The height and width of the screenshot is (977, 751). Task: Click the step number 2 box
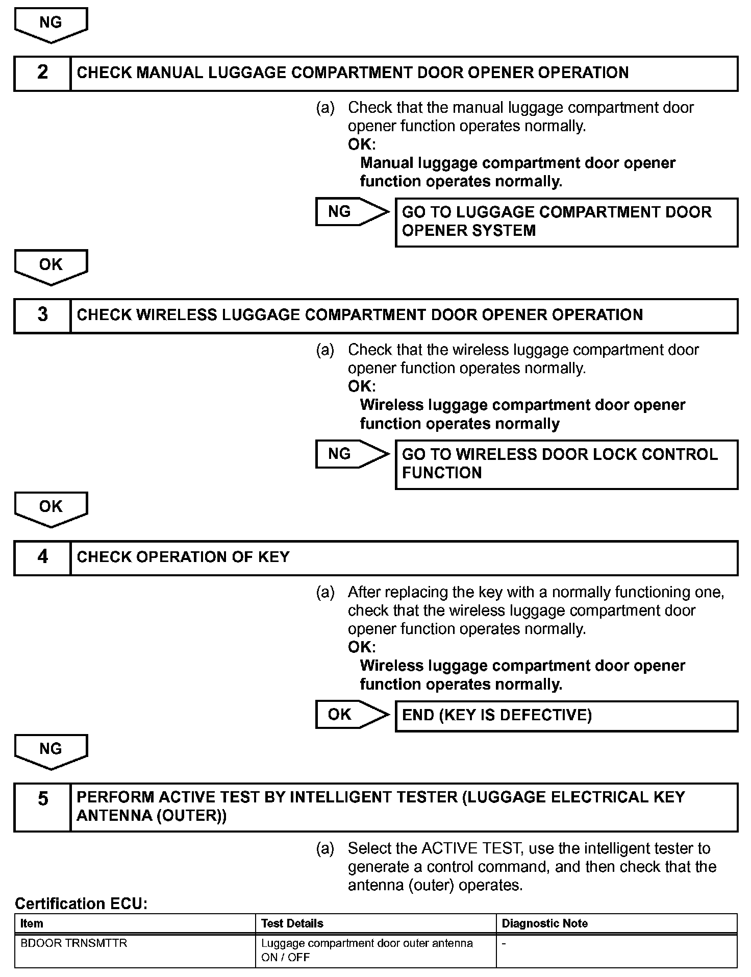pos(42,74)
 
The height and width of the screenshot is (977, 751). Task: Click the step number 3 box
pos(42,315)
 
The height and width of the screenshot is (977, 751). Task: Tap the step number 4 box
pos(42,557)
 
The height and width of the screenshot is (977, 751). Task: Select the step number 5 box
pos(42,807)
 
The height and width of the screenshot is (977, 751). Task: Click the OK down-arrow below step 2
pos(51,266)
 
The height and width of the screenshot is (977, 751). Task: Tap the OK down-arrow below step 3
pos(51,508)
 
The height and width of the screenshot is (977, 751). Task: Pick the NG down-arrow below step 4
pos(51,750)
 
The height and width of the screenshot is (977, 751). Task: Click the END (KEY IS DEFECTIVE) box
pos(566,716)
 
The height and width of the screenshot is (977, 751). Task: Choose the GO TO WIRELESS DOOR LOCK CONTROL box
pos(566,464)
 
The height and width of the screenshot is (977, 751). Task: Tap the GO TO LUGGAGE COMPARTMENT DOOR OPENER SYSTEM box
pos(566,222)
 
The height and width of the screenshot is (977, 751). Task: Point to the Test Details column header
pos(292,923)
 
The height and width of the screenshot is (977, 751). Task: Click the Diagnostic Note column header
pos(545,923)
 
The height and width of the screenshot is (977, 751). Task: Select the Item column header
pos(32,923)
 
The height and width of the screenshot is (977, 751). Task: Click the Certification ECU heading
pos(81,904)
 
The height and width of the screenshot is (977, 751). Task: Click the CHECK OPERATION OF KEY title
pos(183,557)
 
